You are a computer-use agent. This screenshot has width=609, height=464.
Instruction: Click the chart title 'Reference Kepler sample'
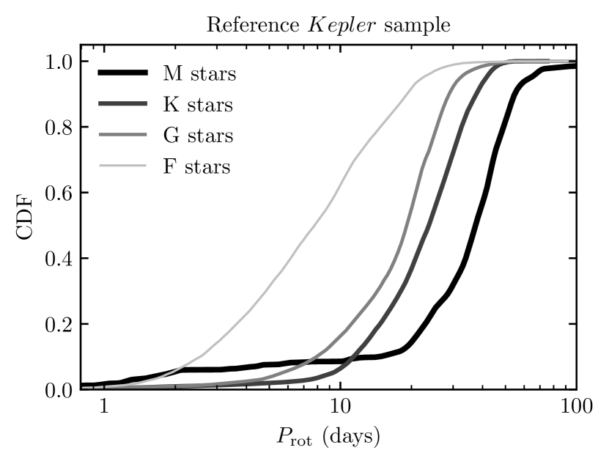328,23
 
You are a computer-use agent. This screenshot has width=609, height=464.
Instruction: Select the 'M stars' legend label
199,73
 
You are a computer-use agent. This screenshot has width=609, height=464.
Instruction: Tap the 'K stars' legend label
198,105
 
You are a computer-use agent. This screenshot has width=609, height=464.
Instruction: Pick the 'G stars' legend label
198,136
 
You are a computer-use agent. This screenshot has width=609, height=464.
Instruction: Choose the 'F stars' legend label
197,167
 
